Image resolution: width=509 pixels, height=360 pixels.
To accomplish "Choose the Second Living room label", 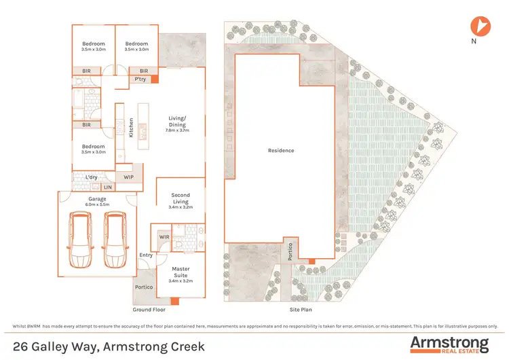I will click(x=180, y=198).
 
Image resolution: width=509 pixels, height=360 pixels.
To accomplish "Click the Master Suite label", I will click(x=180, y=271).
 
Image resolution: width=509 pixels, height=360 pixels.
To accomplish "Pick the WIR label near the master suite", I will click(x=164, y=236).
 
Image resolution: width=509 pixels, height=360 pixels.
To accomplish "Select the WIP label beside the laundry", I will click(x=129, y=177).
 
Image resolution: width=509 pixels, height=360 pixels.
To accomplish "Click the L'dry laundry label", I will click(x=92, y=177).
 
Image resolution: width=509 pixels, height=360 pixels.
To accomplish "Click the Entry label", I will click(x=146, y=255).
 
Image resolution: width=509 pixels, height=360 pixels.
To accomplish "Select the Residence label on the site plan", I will click(x=281, y=150).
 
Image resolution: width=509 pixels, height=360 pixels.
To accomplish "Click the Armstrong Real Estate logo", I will click(x=449, y=344).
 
